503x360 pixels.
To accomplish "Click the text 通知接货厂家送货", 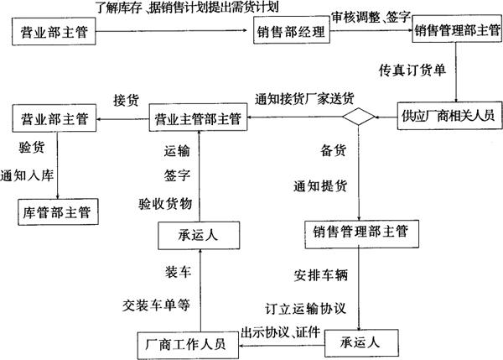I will [303, 97].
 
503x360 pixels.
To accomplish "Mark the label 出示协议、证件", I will [281, 330].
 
